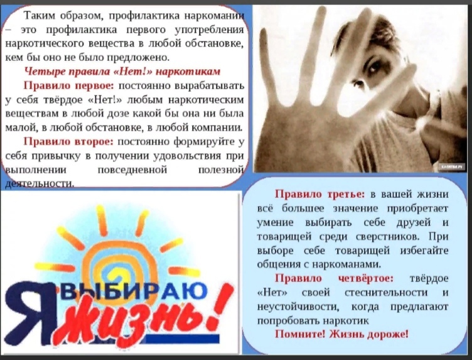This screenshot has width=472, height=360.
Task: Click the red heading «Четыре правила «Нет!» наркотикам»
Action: [x=122, y=72]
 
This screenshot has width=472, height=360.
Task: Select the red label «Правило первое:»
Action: [x=69, y=85]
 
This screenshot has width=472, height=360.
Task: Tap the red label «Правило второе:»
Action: [x=68, y=141]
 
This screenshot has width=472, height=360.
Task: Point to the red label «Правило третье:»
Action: [x=319, y=194]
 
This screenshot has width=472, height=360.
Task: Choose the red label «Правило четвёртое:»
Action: [x=334, y=278]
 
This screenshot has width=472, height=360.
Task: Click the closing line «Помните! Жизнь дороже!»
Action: [x=341, y=334]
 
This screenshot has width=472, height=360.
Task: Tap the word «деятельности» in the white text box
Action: [x=40, y=183]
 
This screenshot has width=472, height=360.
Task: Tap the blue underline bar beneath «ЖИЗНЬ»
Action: [x=181, y=339]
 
